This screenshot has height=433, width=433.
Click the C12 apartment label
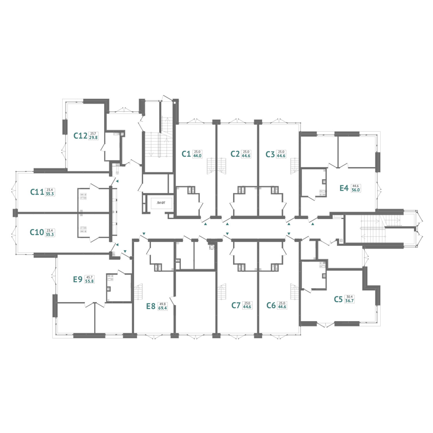[x=80, y=136]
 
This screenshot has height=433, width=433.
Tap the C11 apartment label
[x=37, y=192]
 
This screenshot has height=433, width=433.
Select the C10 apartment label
[x=37, y=232]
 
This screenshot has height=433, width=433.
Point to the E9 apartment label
[x=78, y=279]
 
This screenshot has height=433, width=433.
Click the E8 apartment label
[x=151, y=306]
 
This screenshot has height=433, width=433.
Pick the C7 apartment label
[x=236, y=305]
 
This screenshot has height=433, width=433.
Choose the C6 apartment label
[x=271, y=305]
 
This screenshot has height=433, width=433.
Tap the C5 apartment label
[x=338, y=299]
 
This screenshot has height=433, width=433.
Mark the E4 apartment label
[x=344, y=188]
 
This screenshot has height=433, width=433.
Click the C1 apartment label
[x=186, y=154]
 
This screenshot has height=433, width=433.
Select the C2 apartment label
[x=235, y=154]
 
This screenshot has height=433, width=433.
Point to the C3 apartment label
[x=270, y=154]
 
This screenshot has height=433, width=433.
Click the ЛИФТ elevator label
[x=161, y=203]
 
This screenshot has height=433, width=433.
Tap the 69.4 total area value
[x=163, y=308]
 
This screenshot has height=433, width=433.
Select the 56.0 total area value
[x=356, y=190]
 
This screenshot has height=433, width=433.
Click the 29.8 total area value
[x=93, y=138]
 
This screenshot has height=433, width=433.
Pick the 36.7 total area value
[x=349, y=301]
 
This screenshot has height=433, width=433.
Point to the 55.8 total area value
[x=89, y=281]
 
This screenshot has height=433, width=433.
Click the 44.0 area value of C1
[x=197, y=156]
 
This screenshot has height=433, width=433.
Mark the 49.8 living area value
[x=163, y=304]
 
